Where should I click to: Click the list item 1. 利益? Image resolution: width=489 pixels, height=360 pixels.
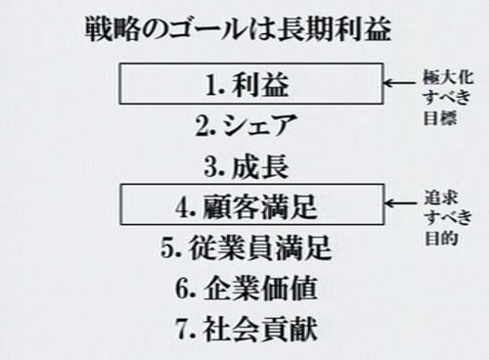[x=247, y=84]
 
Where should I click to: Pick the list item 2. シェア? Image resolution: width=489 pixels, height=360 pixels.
[x=246, y=125]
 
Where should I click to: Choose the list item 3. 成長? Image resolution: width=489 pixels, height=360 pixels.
[x=246, y=167]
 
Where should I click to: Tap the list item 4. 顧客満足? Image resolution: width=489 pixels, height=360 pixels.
[x=246, y=207]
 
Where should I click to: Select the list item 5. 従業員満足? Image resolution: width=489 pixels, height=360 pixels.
[x=246, y=247]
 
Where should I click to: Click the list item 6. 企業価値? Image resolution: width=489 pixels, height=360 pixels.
[x=246, y=289]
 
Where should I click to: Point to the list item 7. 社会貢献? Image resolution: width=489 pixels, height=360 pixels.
[x=246, y=329]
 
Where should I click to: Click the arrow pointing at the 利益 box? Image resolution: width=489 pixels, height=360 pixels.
[x=401, y=82]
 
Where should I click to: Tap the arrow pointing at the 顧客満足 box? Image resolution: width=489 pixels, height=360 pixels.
[x=401, y=203]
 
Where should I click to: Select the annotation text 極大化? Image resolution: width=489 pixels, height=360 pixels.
[x=448, y=77]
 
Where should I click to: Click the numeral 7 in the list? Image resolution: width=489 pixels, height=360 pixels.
[x=182, y=329]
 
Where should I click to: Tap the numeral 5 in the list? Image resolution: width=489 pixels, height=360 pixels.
[x=167, y=248]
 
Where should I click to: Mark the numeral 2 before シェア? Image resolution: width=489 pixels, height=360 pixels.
[x=202, y=126]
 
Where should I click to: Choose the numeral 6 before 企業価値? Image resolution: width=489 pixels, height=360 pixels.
[x=182, y=289]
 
